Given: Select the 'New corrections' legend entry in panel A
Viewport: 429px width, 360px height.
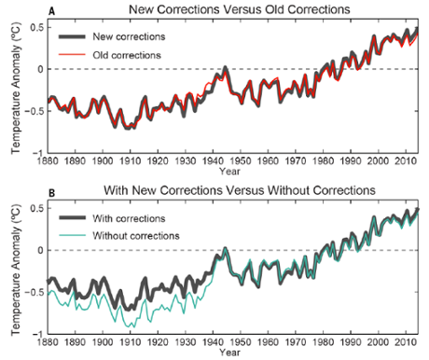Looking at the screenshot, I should (x=128, y=36).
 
